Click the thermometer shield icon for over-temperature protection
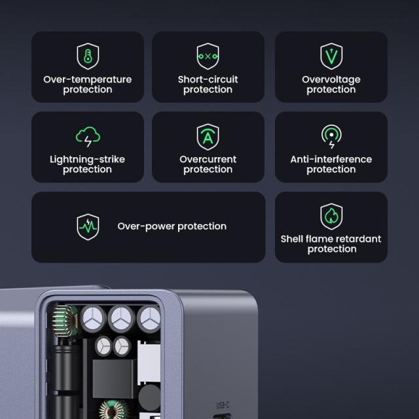pyautogui.click(x=87, y=57)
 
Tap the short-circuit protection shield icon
pyautogui.click(x=208, y=57)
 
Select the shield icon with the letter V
pyautogui.click(x=331, y=57)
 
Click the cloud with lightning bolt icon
pyautogui.click(x=87, y=137)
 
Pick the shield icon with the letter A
pyautogui.click(x=208, y=137)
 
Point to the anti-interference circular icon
pyautogui.click(x=331, y=136)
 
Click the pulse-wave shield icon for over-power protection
pyautogui.click(x=88, y=227)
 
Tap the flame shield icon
pyautogui.click(x=331, y=217)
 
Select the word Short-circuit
pyautogui.click(x=208, y=80)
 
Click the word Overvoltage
pyautogui.click(x=331, y=80)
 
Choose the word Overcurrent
pyautogui.click(x=208, y=160)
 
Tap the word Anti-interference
pyautogui.click(x=331, y=160)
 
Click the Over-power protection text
pyautogui.click(x=172, y=227)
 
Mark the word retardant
pyautogui.click(x=358, y=240)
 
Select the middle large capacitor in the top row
pyautogui.click(x=121, y=319)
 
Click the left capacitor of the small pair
pyautogui.click(x=103, y=346)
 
